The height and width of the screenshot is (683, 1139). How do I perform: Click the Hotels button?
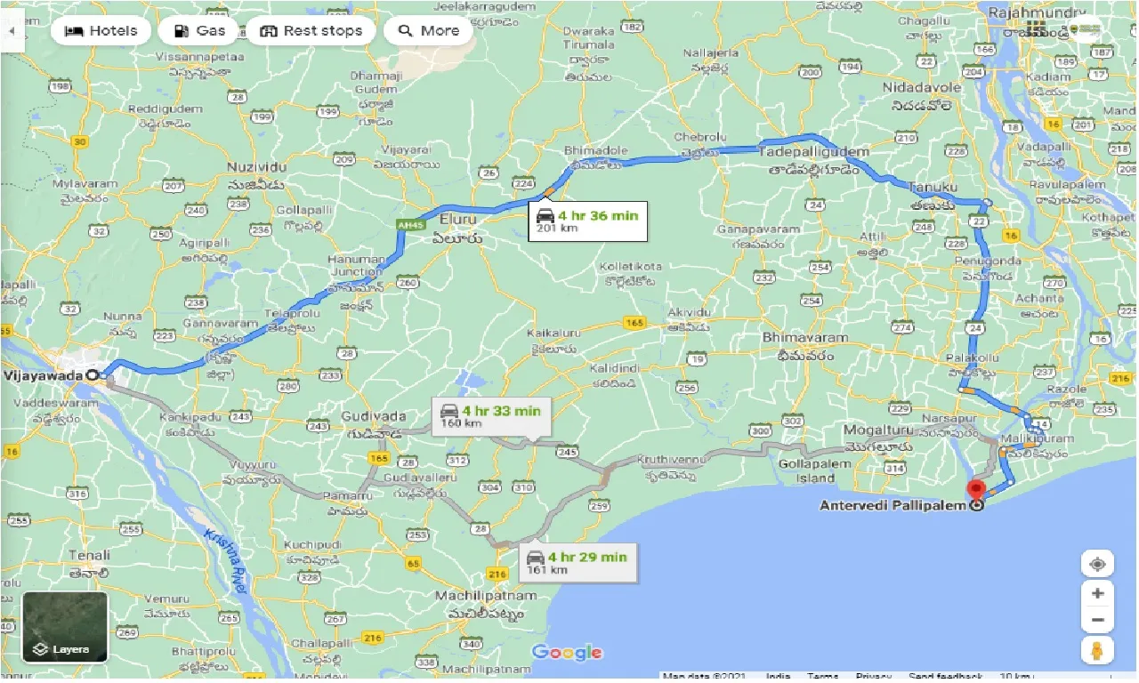[101, 30]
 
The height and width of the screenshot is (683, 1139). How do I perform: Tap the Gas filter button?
[198, 30]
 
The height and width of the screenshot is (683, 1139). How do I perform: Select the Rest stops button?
[311, 30]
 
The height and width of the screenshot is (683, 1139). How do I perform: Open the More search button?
[429, 30]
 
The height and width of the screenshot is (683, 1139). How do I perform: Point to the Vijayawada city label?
[44, 375]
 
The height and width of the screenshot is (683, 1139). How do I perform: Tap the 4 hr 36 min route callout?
[587, 221]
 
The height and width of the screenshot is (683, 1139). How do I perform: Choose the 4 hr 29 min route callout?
[578, 562]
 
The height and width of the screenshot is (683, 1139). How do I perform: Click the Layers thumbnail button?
[65, 627]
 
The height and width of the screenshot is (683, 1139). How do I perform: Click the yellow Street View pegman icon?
[1097, 650]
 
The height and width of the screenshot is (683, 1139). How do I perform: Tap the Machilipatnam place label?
[479, 595]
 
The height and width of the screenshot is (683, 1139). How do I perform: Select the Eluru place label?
[457, 219]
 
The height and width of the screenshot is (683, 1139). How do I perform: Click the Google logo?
[567, 653]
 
